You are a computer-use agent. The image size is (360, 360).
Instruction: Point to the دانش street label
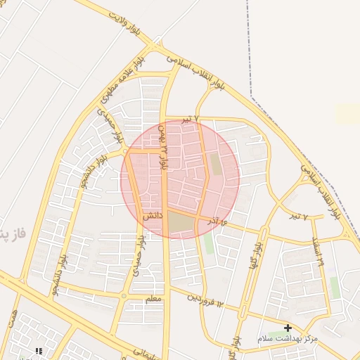pyautogui.click(x=153, y=217)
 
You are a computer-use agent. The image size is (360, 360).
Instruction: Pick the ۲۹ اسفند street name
pyautogui.click(x=320, y=252)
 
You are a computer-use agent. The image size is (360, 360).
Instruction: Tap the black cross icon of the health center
pyautogui.click(x=288, y=328)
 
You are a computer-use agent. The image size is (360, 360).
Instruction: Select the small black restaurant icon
pyautogui.click(x=39, y=350)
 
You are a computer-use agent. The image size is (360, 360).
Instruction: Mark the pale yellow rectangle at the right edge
pyautogui.click(x=348, y=115)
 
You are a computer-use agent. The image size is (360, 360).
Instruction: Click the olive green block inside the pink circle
pyautogui.click(x=217, y=164)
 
